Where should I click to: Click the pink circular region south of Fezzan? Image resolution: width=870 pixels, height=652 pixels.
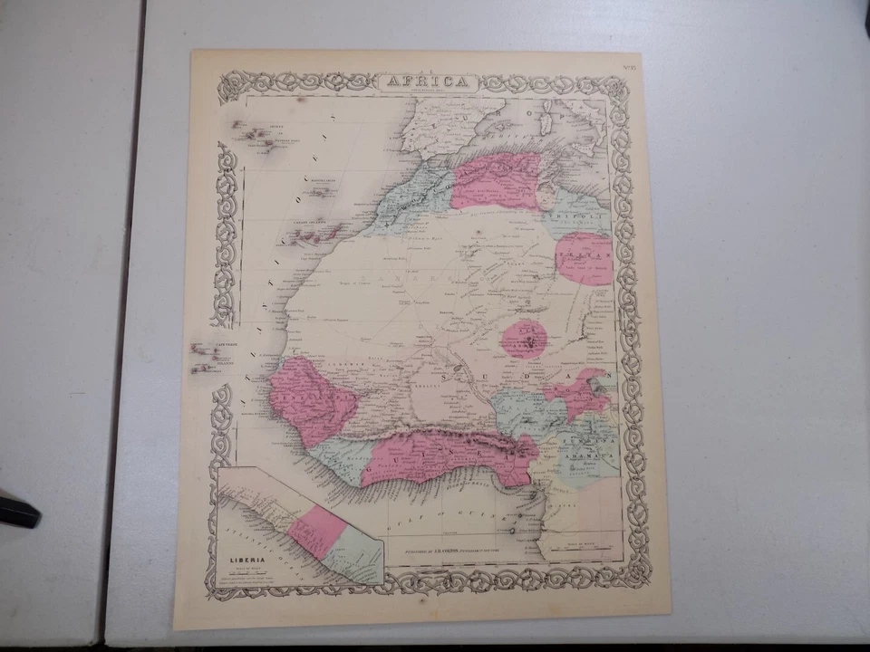(x=524, y=338)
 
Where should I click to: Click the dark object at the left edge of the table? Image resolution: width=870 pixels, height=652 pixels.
(x=17, y=512)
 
